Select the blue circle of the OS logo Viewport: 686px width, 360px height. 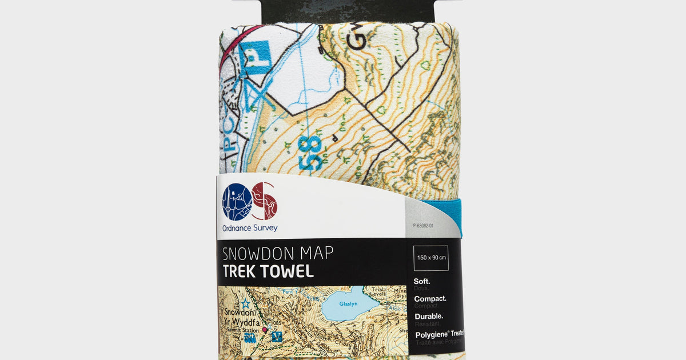(x=237, y=202)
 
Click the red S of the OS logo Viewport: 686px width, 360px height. (x=265, y=201)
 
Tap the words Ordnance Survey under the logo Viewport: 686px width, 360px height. (x=250, y=228)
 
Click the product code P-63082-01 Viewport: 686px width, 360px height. (x=423, y=226)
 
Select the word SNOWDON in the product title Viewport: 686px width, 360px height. (x=255, y=253)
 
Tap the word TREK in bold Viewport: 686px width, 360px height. (x=241, y=271)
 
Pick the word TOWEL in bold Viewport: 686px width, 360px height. (x=290, y=271)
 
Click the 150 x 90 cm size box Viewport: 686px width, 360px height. (x=431, y=258)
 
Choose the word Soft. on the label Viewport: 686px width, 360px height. (x=422, y=282)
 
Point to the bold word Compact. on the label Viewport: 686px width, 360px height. (x=430, y=299)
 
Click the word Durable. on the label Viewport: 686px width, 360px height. (x=428, y=316)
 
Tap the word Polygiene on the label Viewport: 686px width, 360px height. (x=432, y=333)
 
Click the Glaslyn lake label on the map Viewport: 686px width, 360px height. (x=348, y=305)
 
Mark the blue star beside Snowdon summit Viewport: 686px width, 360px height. (x=245, y=303)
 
